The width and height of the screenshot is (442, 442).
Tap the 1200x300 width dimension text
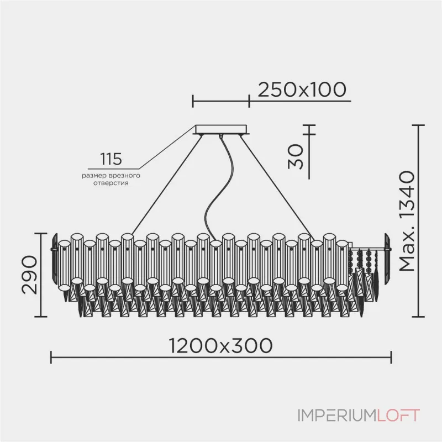point(221,346)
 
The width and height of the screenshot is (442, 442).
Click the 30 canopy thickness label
point(297,156)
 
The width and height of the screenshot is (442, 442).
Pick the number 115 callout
point(110,160)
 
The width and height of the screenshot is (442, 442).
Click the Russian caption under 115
point(110,178)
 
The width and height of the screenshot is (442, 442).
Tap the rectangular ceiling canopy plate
point(221,130)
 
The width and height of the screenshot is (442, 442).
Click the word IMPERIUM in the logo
point(335,415)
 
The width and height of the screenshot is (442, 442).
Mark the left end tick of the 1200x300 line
point(51,357)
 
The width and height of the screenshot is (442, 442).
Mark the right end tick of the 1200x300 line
point(391,357)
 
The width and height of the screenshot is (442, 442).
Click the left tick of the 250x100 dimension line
point(192,101)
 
